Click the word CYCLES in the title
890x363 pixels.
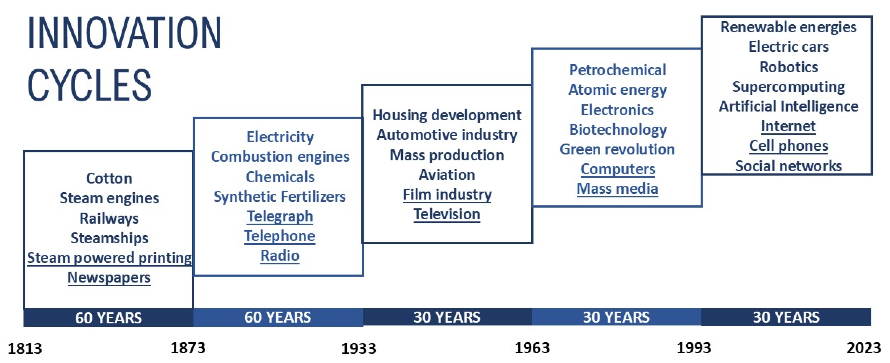[x=89, y=85]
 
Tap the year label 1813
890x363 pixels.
[x=25, y=348]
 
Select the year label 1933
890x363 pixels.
[x=359, y=348]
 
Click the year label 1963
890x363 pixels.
[x=532, y=348]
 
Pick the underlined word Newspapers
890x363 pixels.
[x=109, y=278]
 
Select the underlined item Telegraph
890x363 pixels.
[x=280, y=216]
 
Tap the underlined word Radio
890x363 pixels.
[x=280, y=256]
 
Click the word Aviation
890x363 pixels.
[x=447, y=175]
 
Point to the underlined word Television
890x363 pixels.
[x=447, y=214]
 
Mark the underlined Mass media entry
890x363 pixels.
[x=617, y=189]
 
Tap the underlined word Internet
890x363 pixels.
[x=788, y=126]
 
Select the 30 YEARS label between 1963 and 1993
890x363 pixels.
[x=616, y=317]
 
